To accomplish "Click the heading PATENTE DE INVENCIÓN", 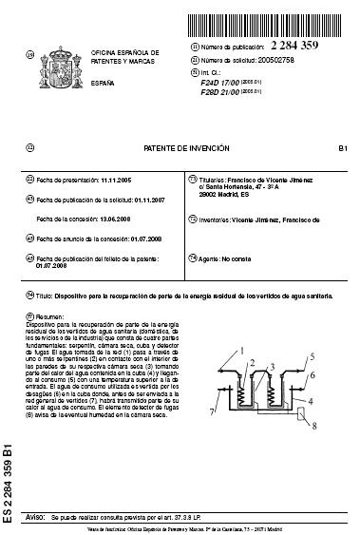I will (x=180, y=149).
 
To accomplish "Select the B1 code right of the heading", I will (x=343, y=149).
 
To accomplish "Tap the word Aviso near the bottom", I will (x=38, y=516).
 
